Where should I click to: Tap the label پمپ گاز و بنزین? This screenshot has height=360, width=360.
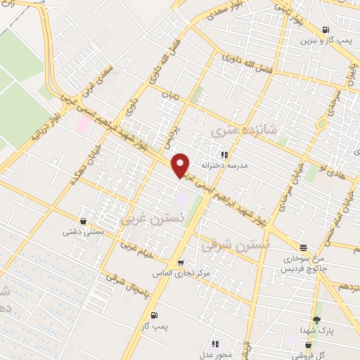coord(325,41)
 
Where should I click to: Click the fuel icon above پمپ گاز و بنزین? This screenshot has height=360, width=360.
coord(325,30)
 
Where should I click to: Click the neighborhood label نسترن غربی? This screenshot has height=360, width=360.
coord(146,219)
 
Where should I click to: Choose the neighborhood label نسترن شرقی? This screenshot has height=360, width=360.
coord(226,246)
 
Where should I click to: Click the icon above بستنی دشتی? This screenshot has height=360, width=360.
coord(84,221)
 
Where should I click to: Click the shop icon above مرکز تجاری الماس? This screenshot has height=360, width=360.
coord(181,264)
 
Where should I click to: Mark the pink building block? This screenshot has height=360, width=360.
coord(83,126)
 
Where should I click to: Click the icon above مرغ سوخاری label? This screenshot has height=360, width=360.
coord(303,247)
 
